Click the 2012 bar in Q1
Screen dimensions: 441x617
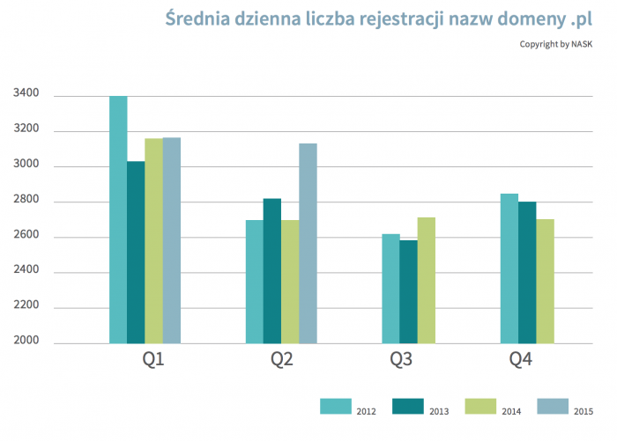coord(118,219)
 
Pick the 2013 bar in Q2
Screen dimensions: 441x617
coord(272,270)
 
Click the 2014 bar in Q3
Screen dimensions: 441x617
coord(426,280)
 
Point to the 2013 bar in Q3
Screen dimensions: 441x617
coord(408,291)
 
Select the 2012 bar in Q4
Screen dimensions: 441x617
coord(509,268)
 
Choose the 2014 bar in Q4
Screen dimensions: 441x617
coord(545,281)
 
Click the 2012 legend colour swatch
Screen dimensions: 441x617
coord(335,406)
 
